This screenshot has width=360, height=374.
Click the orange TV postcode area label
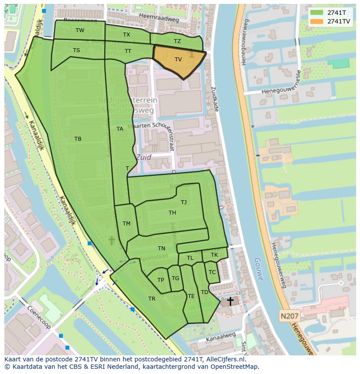click(178, 60)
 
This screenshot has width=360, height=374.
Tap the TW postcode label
click(80, 30)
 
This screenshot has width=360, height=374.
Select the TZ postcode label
click(177, 41)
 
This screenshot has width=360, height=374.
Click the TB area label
click(78, 139)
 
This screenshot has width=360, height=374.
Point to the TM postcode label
click(127, 224)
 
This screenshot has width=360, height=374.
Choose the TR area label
click(152, 299)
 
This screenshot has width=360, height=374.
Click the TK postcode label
click(214, 255)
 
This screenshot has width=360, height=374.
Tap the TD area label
click(204, 292)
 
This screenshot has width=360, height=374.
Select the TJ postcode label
click(184, 202)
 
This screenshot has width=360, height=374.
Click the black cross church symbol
click(230, 301)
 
